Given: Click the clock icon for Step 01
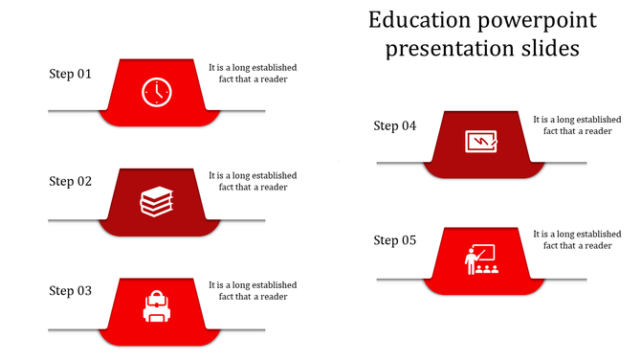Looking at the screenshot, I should click(157, 92).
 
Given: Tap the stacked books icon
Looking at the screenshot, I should click(157, 201).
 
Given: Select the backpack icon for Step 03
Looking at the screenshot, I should click(157, 307).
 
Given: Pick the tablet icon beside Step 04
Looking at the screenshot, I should click(481, 142).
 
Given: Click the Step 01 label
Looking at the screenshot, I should click(71, 73).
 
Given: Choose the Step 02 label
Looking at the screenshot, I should click(71, 181).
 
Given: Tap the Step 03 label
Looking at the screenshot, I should click(71, 290).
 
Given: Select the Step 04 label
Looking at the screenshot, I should click(395, 125).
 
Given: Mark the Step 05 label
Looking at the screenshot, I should click(395, 240).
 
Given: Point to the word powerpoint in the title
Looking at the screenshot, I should click(536, 20).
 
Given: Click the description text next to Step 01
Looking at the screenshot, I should click(253, 73).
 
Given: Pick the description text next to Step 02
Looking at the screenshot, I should click(253, 181).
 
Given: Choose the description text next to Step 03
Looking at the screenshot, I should click(253, 290).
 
